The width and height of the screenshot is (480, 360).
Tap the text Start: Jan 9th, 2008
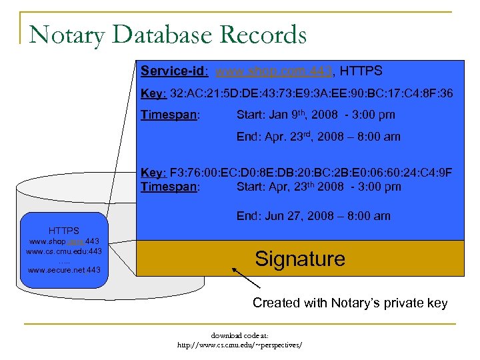[x=315, y=115]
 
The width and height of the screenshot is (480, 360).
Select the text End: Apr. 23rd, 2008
[x=319, y=137]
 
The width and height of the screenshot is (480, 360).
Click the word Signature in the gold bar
[x=300, y=259]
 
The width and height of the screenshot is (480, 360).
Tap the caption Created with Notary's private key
[x=350, y=303]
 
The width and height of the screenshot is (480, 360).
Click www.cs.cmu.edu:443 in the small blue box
[x=64, y=251]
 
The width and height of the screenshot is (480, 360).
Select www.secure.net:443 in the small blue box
[x=64, y=270]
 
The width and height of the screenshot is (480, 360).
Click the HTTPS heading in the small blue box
[x=64, y=231]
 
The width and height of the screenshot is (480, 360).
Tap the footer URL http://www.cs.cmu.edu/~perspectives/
[x=239, y=345]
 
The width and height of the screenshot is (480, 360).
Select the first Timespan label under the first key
[x=169, y=115]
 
